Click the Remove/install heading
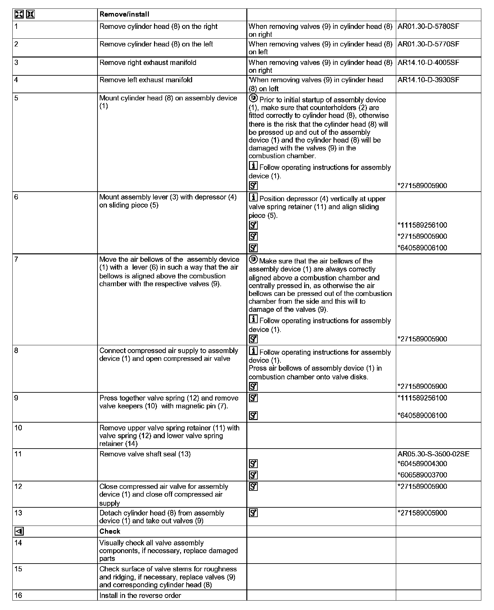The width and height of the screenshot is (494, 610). pyautogui.click(x=124, y=14)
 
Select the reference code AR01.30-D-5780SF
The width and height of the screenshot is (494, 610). pyautogui.click(x=428, y=27)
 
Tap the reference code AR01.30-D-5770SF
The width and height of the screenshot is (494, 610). pyautogui.click(x=428, y=44)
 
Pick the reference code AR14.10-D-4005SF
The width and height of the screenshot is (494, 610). pyautogui.click(x=428, y=62)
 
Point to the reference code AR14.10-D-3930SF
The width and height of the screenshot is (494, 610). pyautogui.click(x=428, y=80)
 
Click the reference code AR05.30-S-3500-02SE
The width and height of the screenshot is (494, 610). pyautogui.click(x=433, y=454)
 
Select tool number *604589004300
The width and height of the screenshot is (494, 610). pyautogui.click(x=422, y=464)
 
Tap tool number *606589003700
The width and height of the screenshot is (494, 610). pyautogui.click(x=422, y=475)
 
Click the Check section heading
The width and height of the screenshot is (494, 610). pyautogui.click(x=110, y=531)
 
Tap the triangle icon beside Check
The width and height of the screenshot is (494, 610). pyautogui.click(x=19, y=531)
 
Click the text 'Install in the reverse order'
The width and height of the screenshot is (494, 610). pyautogui.click(x=140, y=595)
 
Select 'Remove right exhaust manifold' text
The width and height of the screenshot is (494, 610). pyautogui.click(x=148, y=62)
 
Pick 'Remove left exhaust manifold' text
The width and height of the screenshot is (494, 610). pyautogui.click(x=146, y=80)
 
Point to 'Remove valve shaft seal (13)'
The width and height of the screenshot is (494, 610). pyautogui.click(x=145, y=454)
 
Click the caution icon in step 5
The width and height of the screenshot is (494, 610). pyautogui.click(x=253, y=98)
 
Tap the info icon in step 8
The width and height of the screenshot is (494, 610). pyautogui.click(x=253, y=351)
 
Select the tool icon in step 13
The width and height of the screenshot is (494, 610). pyautogui.click(x=253, y=513)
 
